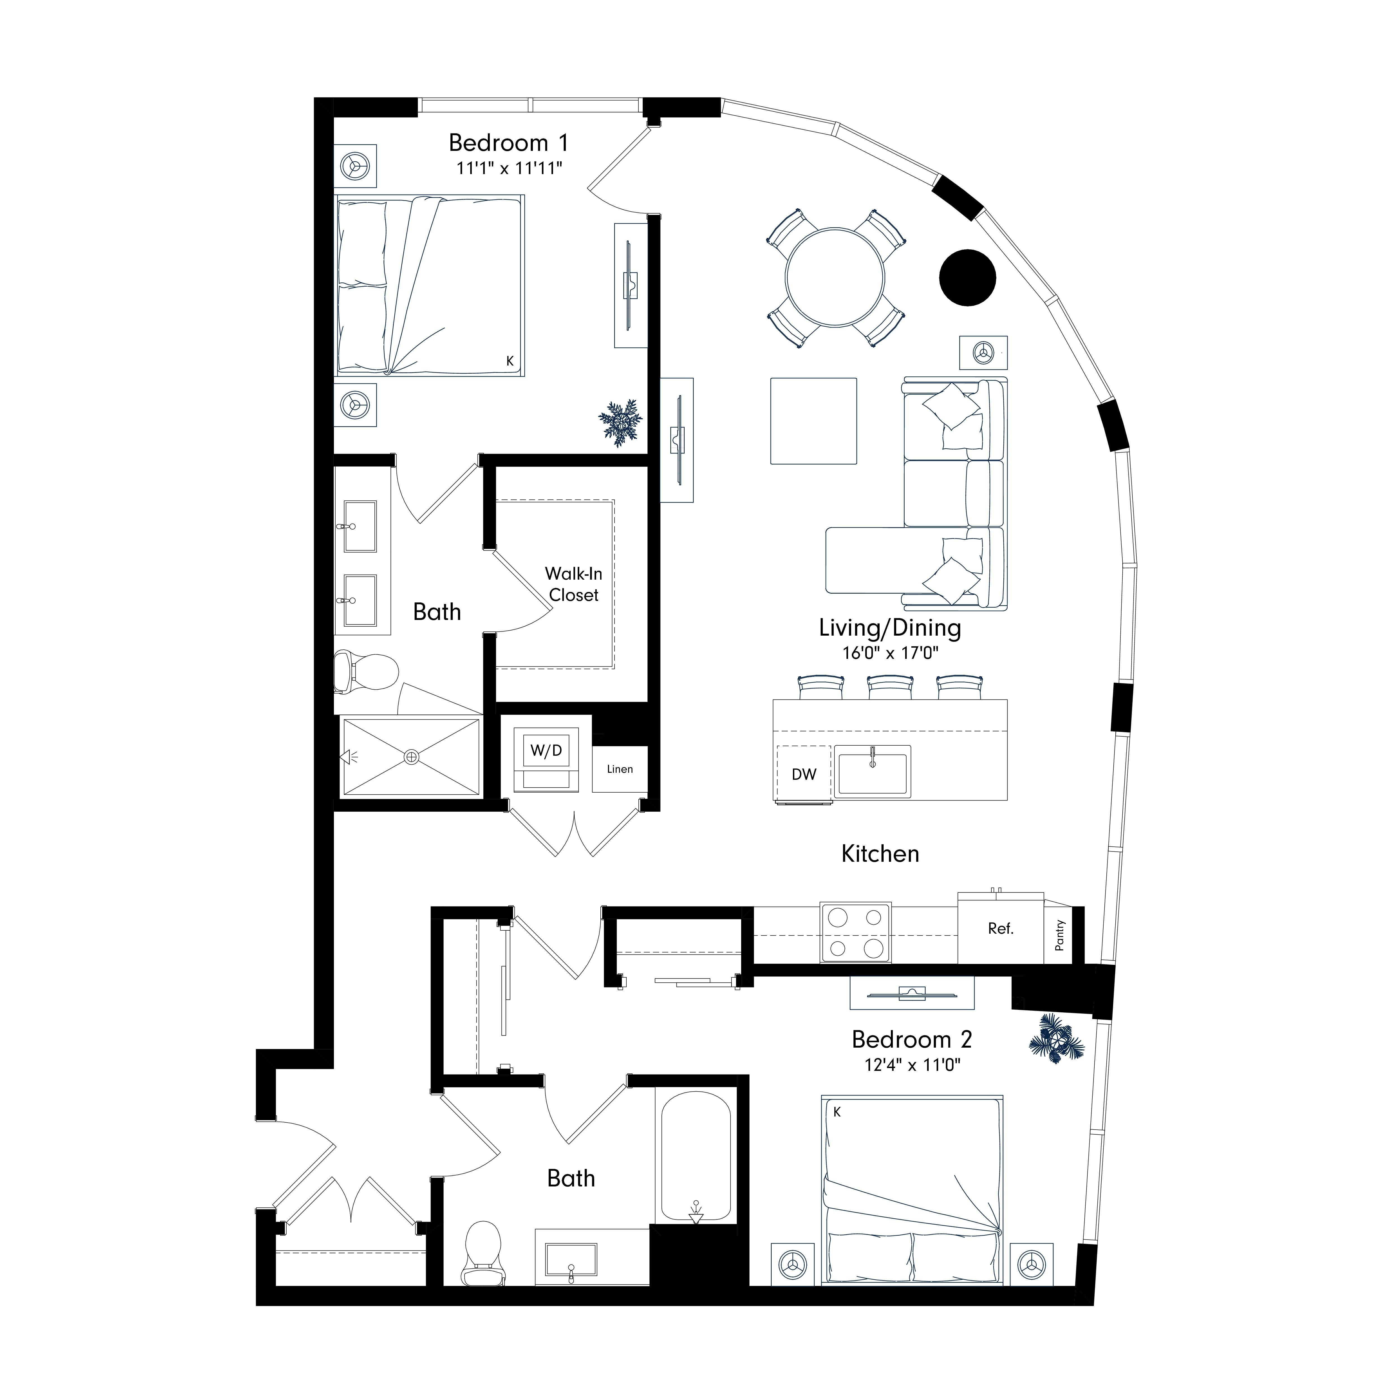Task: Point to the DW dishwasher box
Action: click(804, 774)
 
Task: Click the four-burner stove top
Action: click(855, 933)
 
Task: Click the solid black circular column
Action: click(967, 278)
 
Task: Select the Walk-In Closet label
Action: click(573, 584)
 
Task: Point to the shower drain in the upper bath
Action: click(412, 757)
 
